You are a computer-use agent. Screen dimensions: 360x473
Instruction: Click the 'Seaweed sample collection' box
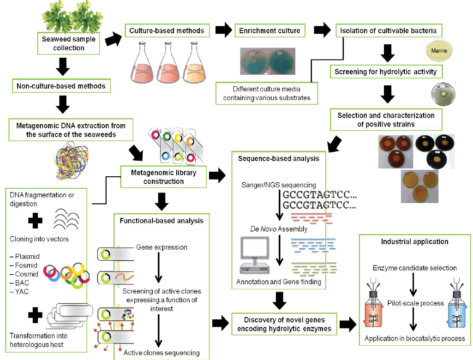pyautogui.click(x=69, y=43)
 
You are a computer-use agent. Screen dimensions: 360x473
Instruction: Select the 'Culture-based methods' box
pyautogui.click(x=167, y=31)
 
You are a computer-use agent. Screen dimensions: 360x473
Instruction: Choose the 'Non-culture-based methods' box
pyautogui.click(x=61, y=86)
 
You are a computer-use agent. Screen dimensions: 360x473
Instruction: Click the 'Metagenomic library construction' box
pyautogui.click(x=163, y=177)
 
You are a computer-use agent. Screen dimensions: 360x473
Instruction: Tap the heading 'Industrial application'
pyautogui.click(x=414, y=241)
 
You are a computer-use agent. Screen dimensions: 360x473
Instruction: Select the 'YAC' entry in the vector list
pyautogui.click(x=23, y=292)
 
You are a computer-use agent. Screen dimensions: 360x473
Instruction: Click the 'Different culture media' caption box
pyautogui.click(x=267, y=93)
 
